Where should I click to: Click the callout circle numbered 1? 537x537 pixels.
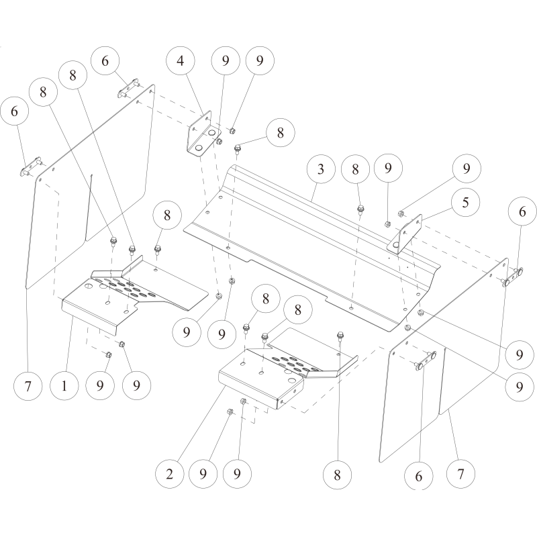tap(64, 386)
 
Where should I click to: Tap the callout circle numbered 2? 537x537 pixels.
tap(170, 475)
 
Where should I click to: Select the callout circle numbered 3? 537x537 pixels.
tap(321, 169)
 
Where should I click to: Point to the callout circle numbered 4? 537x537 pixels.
tap(181, 60)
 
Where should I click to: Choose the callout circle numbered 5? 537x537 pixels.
tap(465, 203)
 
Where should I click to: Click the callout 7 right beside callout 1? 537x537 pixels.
tap(28, 387)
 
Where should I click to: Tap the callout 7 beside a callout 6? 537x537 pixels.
tap(460, 475)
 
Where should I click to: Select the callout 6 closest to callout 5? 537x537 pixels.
tap(522, 211)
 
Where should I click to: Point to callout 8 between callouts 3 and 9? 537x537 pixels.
tap(356, 169)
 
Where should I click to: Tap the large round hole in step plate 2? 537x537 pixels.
tap(292, 380)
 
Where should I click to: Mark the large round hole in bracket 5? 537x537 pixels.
tap(396, 244)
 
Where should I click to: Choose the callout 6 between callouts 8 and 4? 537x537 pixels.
tap(105, 60)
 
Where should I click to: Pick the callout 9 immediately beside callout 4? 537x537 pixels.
tap(226, 60)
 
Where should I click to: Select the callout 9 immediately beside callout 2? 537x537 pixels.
tap(203, 475)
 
